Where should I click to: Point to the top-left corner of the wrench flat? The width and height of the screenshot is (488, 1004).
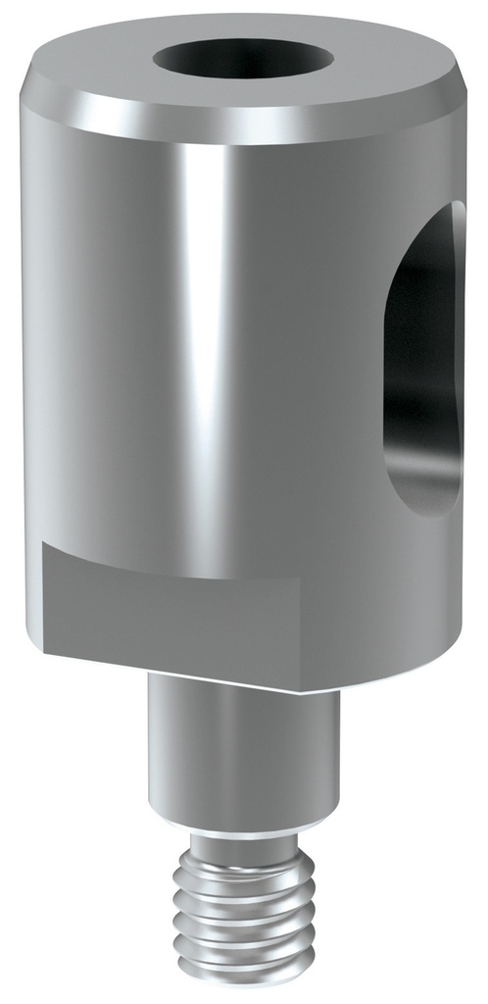(x=45, y=545)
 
